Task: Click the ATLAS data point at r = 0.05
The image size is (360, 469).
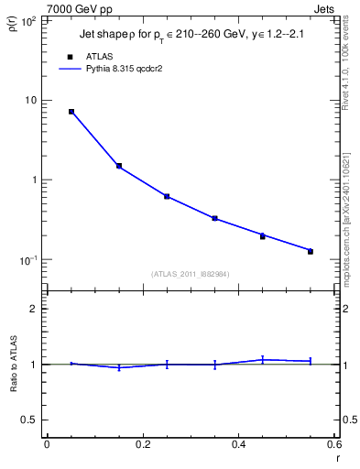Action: coord(71,112)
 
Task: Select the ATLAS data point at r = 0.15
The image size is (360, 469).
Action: coord(119,166)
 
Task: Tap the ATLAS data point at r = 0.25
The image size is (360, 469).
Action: coord(167,196)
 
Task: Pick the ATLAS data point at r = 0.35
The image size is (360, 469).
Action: coord(214,218)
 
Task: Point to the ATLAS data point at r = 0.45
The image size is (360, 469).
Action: coord(263,236)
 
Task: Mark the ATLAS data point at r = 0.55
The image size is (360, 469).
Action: coord(311,251)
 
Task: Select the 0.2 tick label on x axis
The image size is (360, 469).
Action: coord(142,444)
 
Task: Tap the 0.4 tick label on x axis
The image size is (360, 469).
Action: coord(238,444)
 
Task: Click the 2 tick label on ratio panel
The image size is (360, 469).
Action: coord(33,309)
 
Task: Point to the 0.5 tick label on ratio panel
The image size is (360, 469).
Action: coord(28,420)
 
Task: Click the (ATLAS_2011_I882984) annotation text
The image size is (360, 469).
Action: coord(191,274)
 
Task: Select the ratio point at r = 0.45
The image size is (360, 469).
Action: coord(263,360)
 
